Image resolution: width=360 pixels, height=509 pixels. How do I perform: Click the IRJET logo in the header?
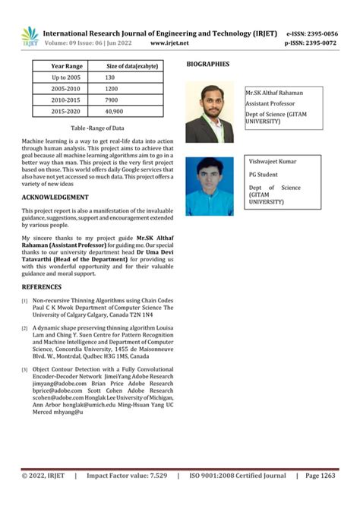pyautogui.click(x=29, y=37)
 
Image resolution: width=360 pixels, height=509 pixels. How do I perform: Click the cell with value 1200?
pyautogui.click(x=112, y=89)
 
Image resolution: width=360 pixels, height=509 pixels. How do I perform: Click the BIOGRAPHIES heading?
pyautogui.click(x=208, y=65)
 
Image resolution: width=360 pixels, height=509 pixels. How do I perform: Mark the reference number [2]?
pyautogui.click(x=24, y=328)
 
